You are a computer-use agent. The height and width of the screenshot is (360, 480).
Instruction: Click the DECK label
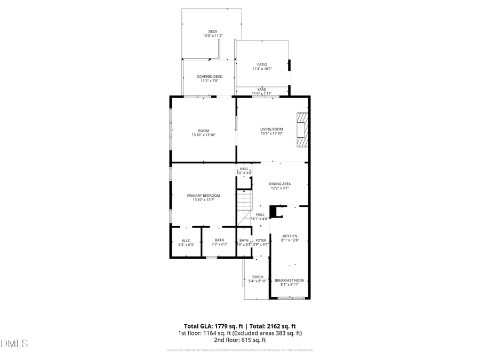point(213,31)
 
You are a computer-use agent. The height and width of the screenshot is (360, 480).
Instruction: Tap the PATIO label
point(262,65)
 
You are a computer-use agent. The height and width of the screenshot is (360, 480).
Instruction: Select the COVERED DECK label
point(209,77)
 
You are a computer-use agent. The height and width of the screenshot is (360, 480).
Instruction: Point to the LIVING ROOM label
point(271,129)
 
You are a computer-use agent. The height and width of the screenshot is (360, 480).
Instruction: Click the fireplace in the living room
point(302,129)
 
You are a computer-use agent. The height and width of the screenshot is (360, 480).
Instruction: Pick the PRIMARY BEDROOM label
point(203,196)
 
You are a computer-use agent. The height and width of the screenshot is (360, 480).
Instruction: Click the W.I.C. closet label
point(186,241)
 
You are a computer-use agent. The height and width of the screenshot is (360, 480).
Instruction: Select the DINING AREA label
point(279,184)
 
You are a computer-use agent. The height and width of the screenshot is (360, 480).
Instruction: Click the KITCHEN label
point(290,236)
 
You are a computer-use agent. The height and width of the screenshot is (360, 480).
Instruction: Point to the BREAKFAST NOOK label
point(290,280)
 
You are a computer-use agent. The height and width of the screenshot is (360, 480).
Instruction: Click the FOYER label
point(261,241)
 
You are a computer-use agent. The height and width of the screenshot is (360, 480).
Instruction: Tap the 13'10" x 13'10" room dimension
point(203,135)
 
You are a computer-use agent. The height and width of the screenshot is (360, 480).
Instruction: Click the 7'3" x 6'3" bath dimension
point(220,244)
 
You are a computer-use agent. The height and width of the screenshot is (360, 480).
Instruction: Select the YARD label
point(262,89)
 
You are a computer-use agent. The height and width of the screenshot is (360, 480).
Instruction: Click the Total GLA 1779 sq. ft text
point(212,326)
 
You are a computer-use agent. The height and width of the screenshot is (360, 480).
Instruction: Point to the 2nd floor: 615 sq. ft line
point(239,340)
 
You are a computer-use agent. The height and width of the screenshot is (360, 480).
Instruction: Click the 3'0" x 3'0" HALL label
point(244,173)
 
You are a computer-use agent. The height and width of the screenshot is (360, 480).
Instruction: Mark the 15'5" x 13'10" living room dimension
point(271,133)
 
